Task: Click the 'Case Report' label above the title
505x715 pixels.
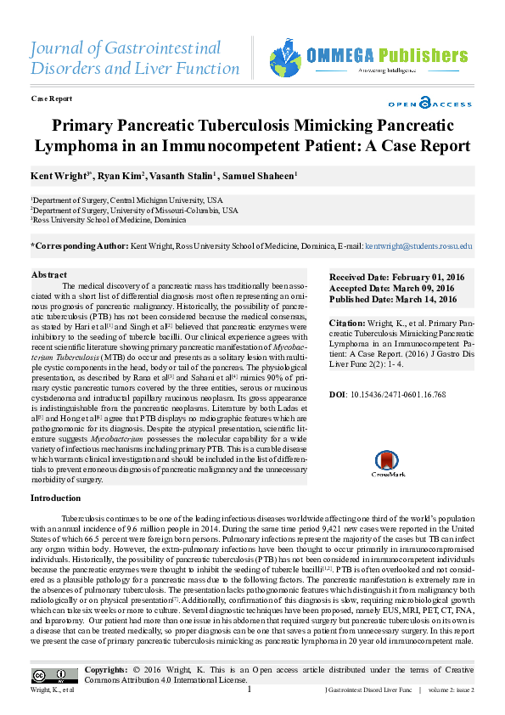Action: (x=51, y=99)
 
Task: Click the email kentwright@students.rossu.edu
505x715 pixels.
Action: (x=418, y=246)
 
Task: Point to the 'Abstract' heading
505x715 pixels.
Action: (x=49, y=275)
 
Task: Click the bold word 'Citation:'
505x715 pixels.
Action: (x=347, y=324)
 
